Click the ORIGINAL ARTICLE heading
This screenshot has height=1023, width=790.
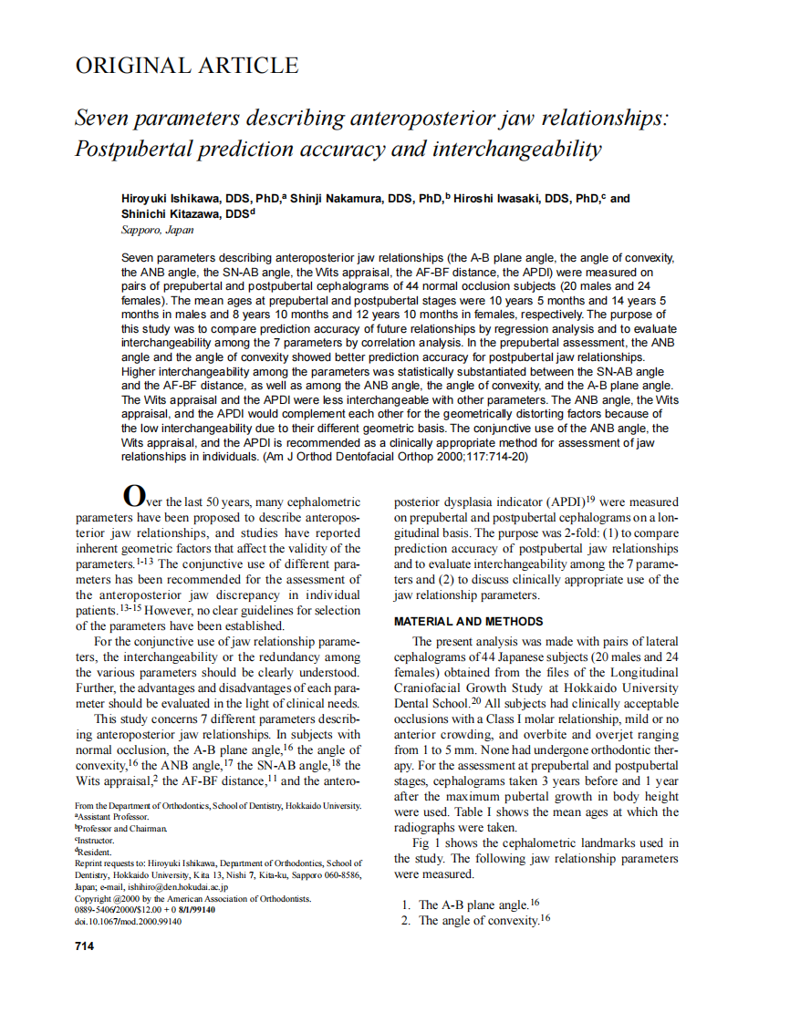click(x=186, y=67)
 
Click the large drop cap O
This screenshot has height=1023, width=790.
click(x=133, y=497)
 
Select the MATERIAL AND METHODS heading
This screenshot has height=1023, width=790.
click(x=468, y=622)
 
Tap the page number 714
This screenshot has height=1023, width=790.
click(x=84, y=946)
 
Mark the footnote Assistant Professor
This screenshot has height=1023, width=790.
click(x=115, y=817)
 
